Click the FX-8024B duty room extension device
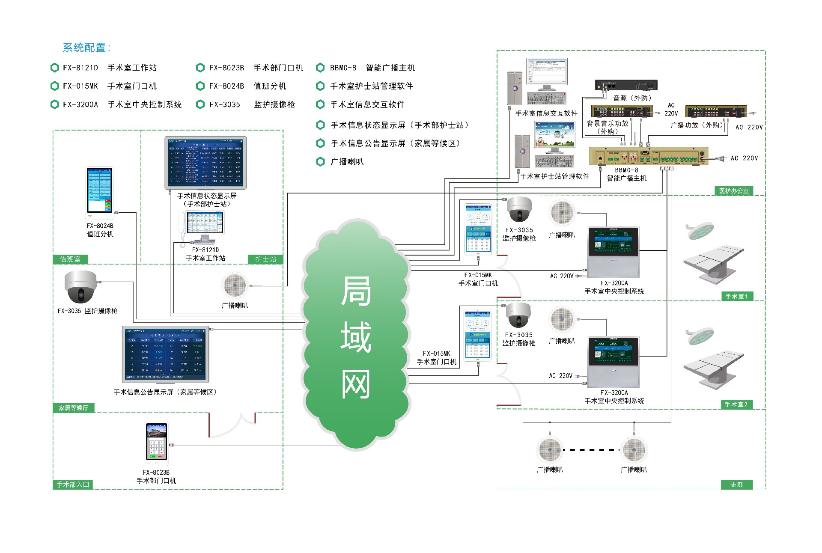[99, 190]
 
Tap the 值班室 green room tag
[70, 259]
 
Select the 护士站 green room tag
[265, 259]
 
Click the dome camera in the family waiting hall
[80, 286]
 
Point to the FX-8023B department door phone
[156, 443]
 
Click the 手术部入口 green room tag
[73, 485]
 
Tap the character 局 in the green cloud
[356, 291]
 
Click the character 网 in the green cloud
[356, 384]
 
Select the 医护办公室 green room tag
[734, 191]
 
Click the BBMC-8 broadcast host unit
[648, 156]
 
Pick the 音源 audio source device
[626, 85]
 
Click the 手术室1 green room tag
[736, 296]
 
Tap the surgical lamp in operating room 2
[700, 336]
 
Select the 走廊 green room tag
[736, 485]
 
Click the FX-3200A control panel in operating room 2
[614, 362]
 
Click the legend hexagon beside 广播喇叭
[320, 162]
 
